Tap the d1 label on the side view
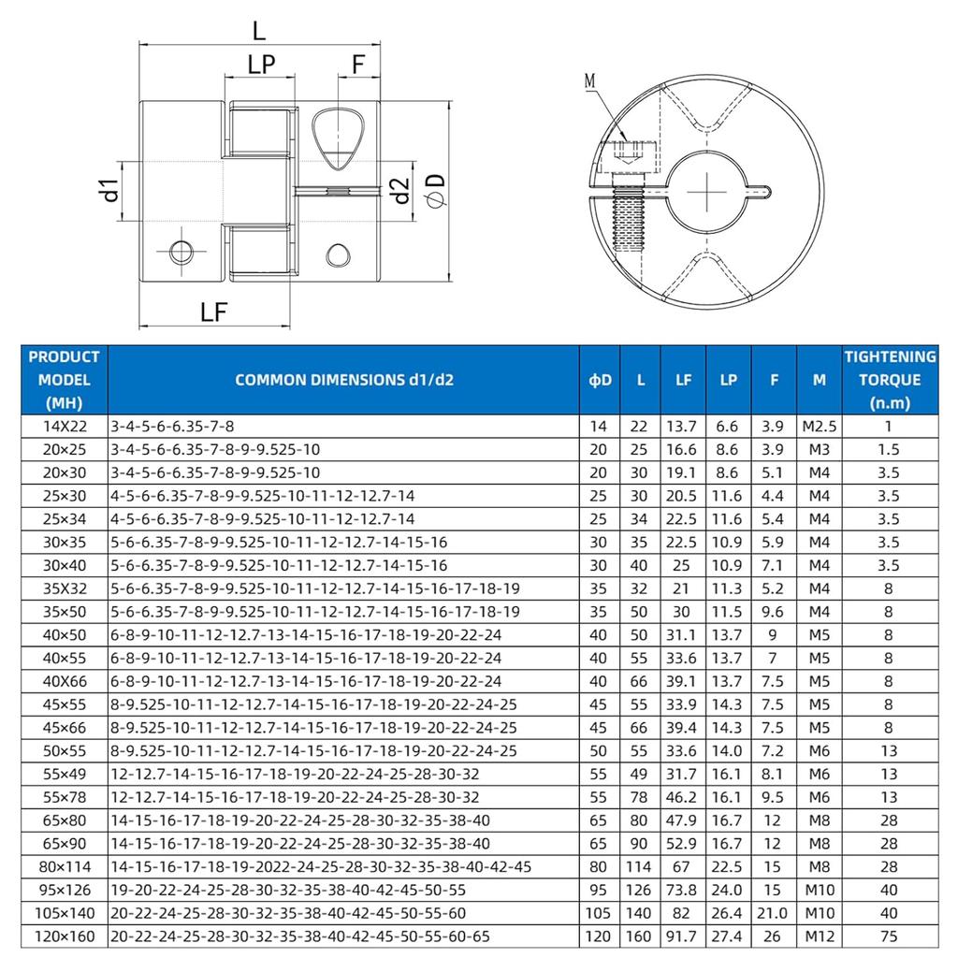110,190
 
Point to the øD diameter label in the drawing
435,191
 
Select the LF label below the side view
215,312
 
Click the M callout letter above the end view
590,81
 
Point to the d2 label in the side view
399,192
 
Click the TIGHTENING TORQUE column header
890,380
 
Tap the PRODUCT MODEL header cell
65,380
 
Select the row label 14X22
65,426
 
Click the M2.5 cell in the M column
819,426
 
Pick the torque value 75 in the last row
889,935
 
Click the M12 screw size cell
819,935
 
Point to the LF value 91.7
684,935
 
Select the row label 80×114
65,865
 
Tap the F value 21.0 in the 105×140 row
774,912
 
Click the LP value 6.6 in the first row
729,426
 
